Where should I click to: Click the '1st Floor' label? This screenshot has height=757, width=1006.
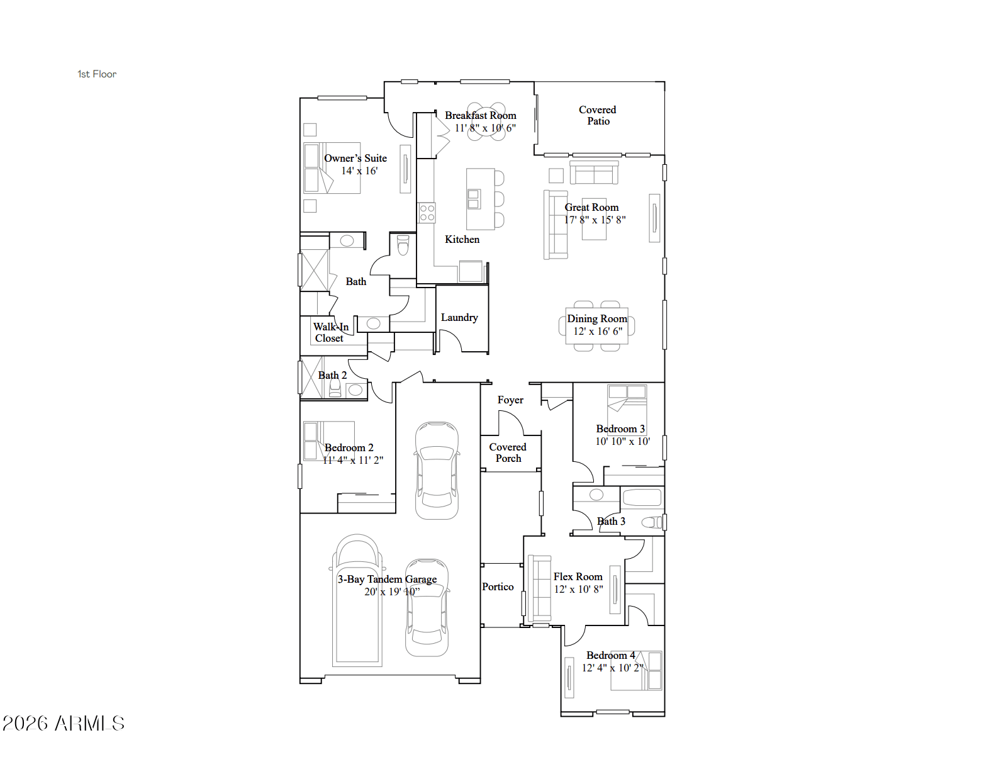pos(97,74)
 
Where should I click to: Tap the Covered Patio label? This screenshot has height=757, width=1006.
pos(598,116)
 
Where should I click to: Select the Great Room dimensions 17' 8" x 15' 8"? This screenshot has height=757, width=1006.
pos(595,220)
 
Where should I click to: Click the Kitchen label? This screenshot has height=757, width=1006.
pos(462,239)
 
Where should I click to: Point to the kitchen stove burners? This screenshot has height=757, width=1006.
pos(427,213)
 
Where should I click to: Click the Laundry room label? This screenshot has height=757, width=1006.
pos(459,318)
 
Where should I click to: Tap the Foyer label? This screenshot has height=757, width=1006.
pos(510,400)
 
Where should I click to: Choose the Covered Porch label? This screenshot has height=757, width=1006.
pos(508,452)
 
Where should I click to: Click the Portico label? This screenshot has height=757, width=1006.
pos(498,586)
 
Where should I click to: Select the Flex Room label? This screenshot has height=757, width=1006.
pos(578,576)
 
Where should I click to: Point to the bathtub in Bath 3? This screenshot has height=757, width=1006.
pos(642,497)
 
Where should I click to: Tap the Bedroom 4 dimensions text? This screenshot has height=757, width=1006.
pos(613,668)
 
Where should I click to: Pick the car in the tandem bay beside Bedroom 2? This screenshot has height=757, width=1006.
pos(437,470)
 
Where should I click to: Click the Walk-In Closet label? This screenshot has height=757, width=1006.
pos(330,333)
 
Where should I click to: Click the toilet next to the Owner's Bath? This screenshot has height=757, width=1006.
pos(403,245)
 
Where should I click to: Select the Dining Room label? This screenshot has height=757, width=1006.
pos(596,318)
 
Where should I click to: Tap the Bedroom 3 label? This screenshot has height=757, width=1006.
pos(620,429)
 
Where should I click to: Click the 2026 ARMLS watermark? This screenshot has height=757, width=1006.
pos(64,724)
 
